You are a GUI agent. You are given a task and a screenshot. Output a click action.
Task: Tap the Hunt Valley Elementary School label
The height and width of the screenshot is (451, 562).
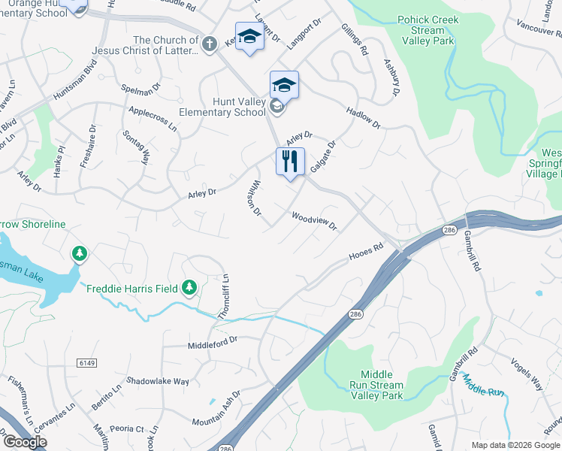pos(222,106)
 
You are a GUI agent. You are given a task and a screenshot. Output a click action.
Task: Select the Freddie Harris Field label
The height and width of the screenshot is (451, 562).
pos(132,289)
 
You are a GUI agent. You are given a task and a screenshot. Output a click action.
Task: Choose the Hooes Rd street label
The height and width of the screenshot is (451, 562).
pos(366,252)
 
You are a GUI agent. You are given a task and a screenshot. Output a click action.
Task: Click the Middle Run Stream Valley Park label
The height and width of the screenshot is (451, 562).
pos(382,385)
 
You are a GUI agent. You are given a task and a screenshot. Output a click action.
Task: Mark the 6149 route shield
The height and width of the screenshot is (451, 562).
pos(87,362)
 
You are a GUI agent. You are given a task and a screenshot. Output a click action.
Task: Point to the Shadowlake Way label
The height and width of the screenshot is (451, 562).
pos(157,381)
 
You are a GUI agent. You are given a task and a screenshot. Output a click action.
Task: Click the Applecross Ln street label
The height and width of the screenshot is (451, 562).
pos(153,119)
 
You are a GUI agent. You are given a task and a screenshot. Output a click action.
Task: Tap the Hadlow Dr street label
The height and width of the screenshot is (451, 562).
pos(364,117)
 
